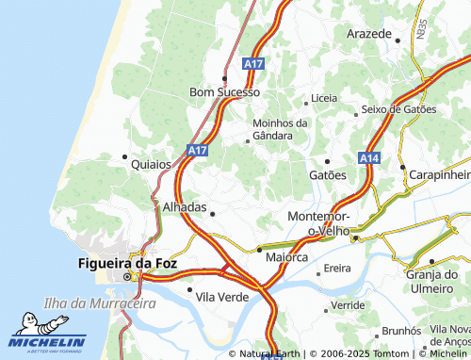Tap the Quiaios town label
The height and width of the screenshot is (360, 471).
click(x=151, y=164)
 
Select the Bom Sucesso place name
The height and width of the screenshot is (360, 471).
click(x=224, y=92)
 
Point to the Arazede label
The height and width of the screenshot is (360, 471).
click(x=368, y=34)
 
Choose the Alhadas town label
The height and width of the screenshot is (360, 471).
click(x=185, y=207)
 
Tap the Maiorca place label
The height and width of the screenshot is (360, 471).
click(x=287, y=256)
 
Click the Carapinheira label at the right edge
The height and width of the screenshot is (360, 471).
click(x=440, y=174)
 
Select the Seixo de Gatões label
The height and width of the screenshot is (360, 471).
click(x=398, y=109)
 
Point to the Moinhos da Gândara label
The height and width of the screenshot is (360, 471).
click(x=280, y=129)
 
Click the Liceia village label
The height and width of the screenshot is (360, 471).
click(x=323, y=98)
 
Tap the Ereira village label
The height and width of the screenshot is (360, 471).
click(x=336, y=269)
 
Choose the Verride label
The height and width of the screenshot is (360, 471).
click(x=348, y=306)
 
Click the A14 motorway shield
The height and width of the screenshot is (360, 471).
click(x=368, y=160)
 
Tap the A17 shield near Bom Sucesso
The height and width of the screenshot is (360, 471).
click(x=252, y=63)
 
